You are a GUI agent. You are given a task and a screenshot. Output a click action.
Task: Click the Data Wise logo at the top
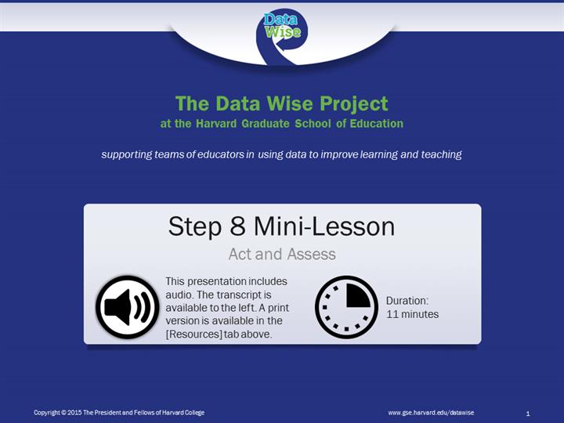point(282,37)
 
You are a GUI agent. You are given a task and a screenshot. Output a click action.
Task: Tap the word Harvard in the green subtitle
point(216,124)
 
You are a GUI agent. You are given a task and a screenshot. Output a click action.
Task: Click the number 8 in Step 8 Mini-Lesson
point(237,226)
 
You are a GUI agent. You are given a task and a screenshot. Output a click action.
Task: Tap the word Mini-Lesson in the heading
point(324,226)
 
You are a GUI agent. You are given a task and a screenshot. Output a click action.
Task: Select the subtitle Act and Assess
point(282,254)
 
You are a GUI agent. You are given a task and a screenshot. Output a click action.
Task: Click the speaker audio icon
point(128,307)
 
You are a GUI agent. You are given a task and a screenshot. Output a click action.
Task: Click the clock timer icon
point(346,307)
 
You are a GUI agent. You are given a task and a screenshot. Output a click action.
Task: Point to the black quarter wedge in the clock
point(357,296)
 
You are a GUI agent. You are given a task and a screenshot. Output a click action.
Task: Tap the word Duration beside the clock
point(407,301)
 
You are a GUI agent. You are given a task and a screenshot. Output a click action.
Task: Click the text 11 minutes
point(412,314)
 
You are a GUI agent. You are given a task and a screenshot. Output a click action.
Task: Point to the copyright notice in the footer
point(119,413)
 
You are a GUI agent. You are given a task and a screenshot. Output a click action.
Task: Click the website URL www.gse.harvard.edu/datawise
point(431,413)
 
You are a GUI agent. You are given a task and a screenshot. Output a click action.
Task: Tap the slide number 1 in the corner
point(528,414)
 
